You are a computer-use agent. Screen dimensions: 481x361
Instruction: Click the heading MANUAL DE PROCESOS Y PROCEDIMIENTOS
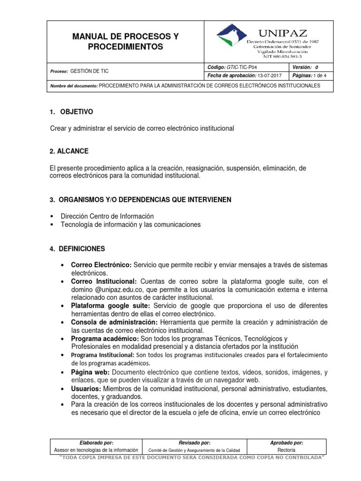click(126, 41)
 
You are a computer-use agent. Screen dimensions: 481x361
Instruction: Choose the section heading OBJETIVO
click(76, 112)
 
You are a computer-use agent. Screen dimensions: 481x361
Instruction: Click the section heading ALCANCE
click(72, 151)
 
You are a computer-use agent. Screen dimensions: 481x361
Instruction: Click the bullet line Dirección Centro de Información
click(107, 216)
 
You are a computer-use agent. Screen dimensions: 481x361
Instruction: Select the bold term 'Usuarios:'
click(86, 389)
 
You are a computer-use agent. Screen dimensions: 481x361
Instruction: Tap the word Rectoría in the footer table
click(286, 450)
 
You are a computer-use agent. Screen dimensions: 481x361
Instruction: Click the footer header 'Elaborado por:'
click(96, 442)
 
